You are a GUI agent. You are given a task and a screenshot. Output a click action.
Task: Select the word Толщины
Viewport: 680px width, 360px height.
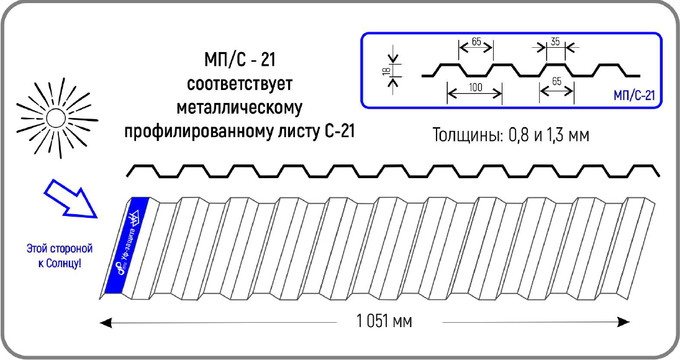coord(463,135)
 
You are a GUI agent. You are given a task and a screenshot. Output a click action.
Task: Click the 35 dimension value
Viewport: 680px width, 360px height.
coord(555,42)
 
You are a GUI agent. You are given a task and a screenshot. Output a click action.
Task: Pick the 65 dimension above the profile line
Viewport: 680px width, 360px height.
coord(476,42)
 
